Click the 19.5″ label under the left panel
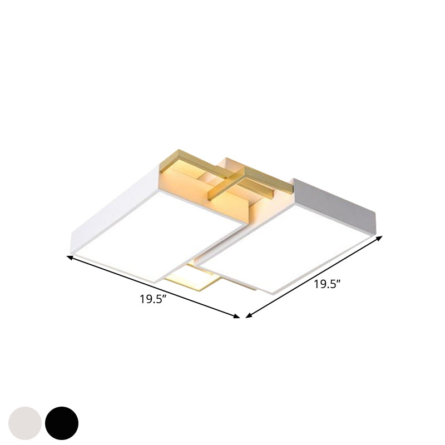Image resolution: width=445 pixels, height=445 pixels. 154,300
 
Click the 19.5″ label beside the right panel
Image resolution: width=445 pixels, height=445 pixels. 327,285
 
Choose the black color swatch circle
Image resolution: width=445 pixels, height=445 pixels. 62,423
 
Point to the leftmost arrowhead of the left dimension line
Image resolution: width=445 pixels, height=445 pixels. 70,256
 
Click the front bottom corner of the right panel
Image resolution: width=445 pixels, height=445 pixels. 273,294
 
